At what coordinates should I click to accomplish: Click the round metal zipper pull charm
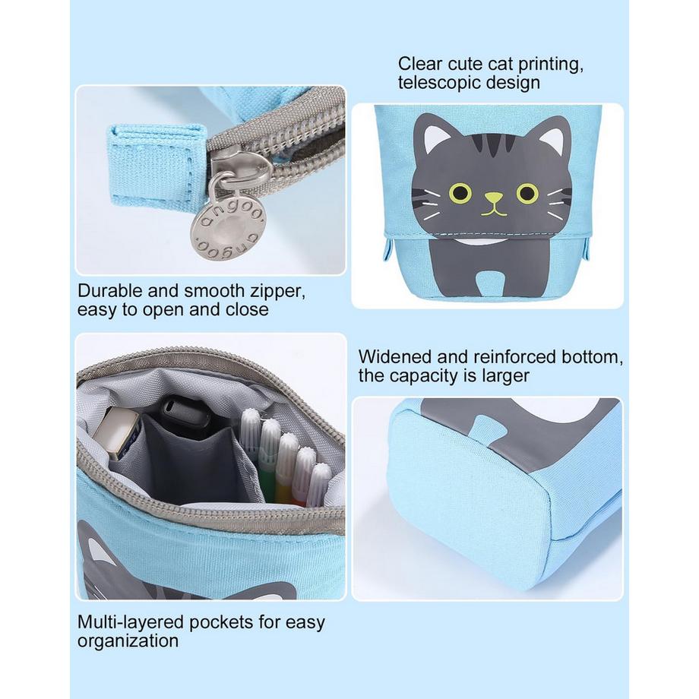tap(227, 233)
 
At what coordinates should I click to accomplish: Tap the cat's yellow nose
tap(493, 197)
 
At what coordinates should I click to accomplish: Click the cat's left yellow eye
tap(460, 192)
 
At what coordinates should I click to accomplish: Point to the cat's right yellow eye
tap(527, 192)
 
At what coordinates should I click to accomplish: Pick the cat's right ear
tap(555, 134)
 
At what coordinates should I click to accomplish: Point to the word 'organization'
tap(128, 641)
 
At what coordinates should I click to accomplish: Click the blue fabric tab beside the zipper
tap(155, 170)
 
